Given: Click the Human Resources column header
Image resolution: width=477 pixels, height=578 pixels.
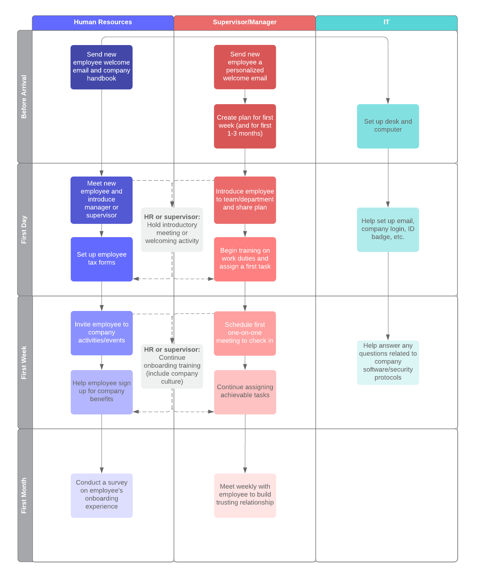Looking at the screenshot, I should click(x=103, y=23).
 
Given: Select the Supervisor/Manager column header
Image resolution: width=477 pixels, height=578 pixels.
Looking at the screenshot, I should click(x=244, y=23).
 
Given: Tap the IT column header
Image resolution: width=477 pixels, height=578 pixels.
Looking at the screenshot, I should click(x=386, y=23).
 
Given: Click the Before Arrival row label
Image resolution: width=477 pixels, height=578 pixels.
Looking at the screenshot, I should click(x=24, y=97).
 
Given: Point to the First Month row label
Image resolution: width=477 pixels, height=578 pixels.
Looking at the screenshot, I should click(x=24, y=495).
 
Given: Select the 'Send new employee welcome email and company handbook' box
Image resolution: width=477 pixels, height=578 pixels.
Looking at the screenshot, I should click(x=102, y=67).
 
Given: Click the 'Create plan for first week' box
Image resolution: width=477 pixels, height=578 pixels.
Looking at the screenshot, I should click(x=245, y=126).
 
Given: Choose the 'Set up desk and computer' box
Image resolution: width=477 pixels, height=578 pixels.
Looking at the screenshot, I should click(x=388, y=126).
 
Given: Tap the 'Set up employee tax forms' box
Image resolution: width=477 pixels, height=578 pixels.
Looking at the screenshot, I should click(x=102, y=259).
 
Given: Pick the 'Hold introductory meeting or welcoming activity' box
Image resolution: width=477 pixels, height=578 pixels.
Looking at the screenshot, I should click(x=172, y=229).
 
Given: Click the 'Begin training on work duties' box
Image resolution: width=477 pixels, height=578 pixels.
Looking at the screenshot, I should click(x=245, y=259).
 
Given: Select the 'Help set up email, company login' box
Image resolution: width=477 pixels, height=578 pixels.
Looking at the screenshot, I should click(x=388, y=229).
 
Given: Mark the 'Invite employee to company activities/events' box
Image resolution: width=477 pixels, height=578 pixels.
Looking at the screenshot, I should click(x=102, y=333).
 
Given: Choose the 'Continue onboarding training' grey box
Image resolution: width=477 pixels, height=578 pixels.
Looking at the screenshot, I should click(x=172, y=366).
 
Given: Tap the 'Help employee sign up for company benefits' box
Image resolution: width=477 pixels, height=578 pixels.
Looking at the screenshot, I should click(x=102, y=392).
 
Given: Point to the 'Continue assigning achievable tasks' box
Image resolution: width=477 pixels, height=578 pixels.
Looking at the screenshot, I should click(x=245, y=392).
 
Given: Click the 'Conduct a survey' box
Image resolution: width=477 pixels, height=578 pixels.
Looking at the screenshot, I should click(x=102, y=495).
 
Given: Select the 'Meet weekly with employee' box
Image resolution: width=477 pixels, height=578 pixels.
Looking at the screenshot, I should click(x=245, y=495).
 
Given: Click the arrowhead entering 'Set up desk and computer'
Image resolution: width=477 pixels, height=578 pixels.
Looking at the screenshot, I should click(x=388, y=101).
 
